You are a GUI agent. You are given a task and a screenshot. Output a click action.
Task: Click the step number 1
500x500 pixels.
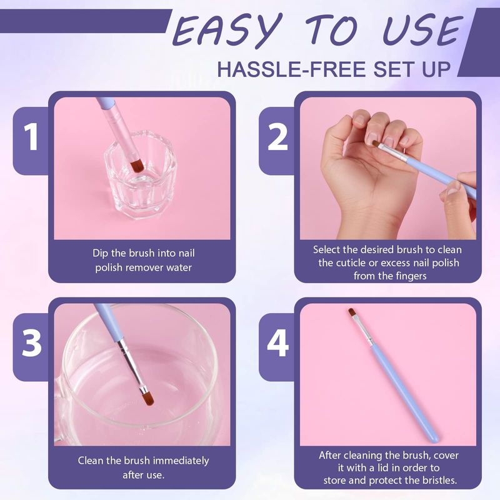31,137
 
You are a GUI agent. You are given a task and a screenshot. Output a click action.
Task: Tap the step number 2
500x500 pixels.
277,137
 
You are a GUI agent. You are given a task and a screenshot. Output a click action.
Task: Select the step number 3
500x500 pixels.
32,342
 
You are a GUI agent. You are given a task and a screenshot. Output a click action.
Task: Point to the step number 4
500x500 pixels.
277,343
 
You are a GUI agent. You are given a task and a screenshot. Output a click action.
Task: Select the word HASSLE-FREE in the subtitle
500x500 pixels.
291,69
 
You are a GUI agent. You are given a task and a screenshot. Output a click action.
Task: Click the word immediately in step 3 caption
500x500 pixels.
181,461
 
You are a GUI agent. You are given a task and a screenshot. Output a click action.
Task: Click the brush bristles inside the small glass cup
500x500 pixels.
137,166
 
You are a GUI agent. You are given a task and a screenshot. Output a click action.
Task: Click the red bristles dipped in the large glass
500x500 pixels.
147,397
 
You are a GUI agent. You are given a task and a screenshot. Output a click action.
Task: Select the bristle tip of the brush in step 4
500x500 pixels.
351,311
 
